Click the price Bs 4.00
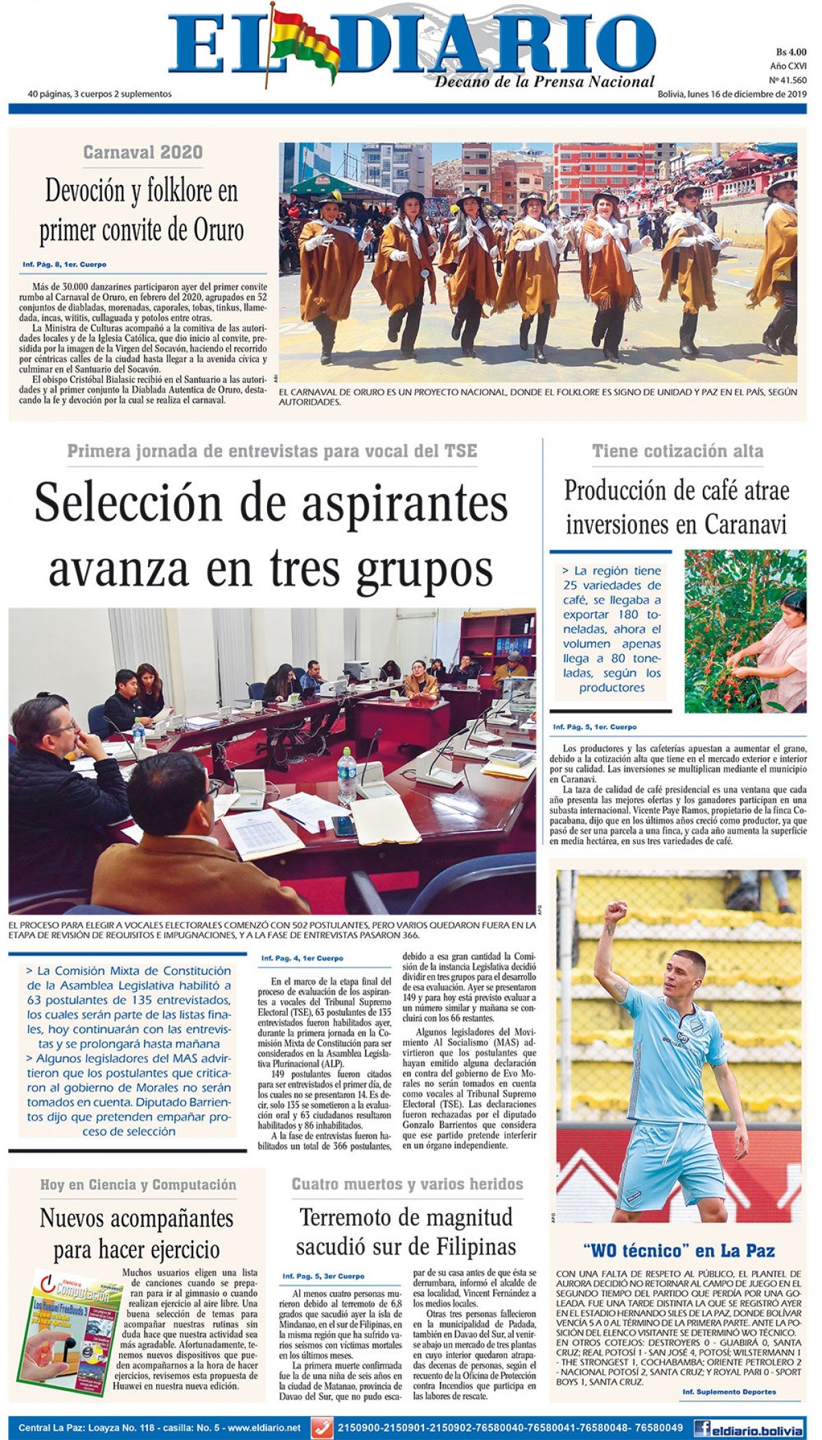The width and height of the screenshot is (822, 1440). point(791,52)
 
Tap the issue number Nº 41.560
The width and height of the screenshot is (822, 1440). point(788,80)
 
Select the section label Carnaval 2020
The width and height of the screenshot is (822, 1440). point(142,152)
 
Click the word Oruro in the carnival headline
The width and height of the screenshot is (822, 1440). point(215,230)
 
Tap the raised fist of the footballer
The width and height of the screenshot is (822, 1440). point(615,911)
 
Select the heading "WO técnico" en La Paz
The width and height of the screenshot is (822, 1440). point(678,1250)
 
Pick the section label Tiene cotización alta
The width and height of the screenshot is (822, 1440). point(677,451)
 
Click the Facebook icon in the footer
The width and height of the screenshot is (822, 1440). point(701,1428)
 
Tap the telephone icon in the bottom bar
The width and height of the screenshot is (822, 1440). point(321,1428)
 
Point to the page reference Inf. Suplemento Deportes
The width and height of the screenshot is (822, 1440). point(729,1391)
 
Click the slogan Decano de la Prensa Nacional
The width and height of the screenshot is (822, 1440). point(545,82)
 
